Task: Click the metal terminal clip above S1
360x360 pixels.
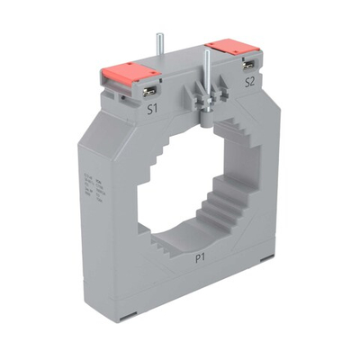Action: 152,93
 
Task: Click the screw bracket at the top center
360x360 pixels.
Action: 202,94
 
